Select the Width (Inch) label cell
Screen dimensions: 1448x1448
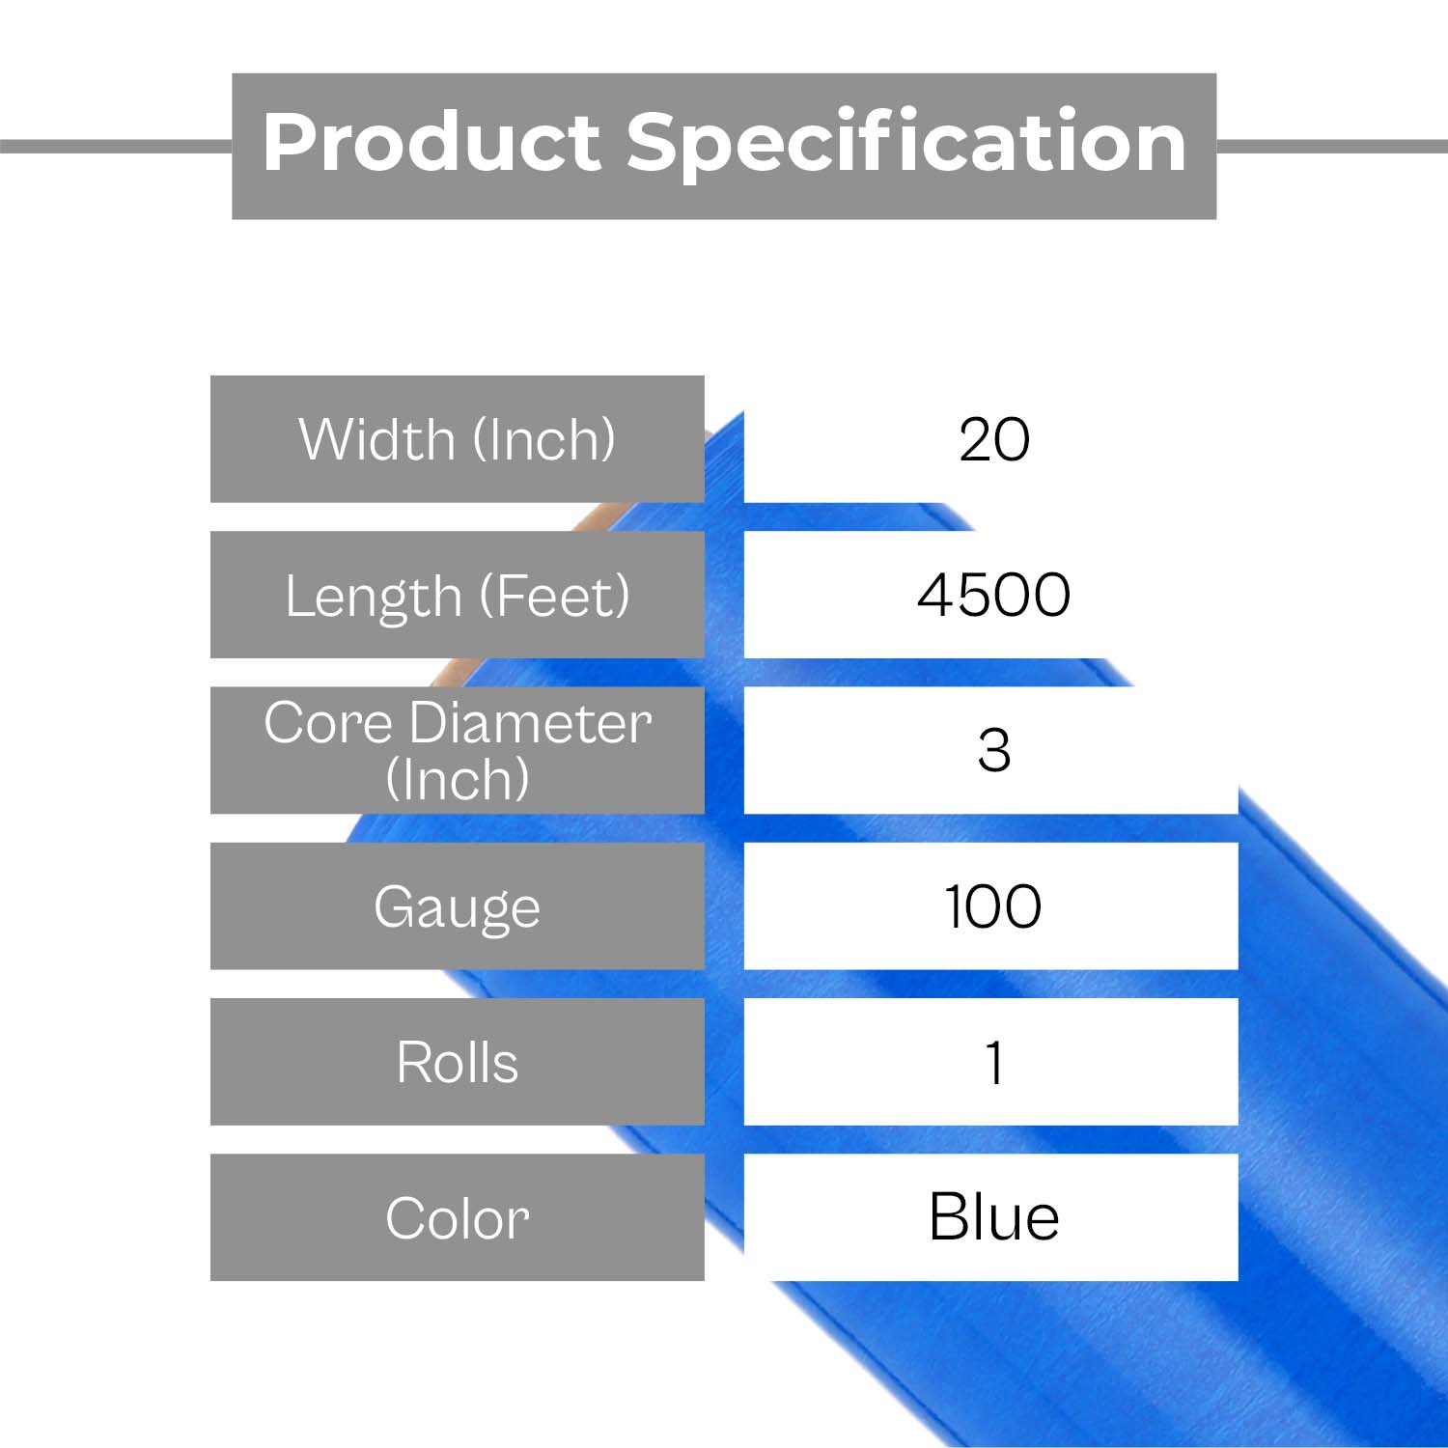tap(458, 439)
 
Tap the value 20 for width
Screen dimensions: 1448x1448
tap(994, 440)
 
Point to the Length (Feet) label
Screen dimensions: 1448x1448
tap(458, 595)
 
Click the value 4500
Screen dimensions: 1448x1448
tap(993, 595)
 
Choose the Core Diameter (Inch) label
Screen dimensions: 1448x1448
tap(458, 750)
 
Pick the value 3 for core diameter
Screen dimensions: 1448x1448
tap(993, 750)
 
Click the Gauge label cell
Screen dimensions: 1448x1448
tap(458, 905)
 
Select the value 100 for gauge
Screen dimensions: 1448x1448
tap(993, 906)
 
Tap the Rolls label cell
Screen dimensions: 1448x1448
tap(458, 1062)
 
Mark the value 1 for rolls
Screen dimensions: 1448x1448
tap(994, 1063)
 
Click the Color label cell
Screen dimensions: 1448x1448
tap(458, 1217)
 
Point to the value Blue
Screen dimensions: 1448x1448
tap(993, 1216)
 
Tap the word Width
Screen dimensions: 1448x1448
tap(377, 439)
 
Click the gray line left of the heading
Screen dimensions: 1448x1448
tap(116, 146)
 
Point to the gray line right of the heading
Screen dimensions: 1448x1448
tap(1332, 146)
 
